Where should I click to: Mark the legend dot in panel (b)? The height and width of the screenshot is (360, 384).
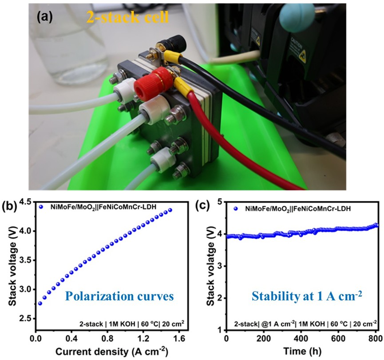tap(41, 207)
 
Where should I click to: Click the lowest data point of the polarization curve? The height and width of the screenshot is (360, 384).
tap(40, 304)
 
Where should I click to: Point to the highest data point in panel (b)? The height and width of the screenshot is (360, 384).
tap(170, 210)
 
